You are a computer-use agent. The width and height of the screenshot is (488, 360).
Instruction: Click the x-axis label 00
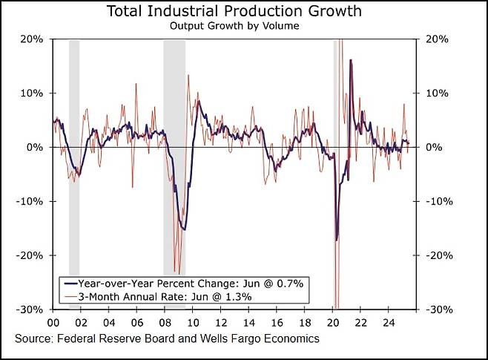point(54,324)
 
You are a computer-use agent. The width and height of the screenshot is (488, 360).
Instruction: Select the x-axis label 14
point(248,324)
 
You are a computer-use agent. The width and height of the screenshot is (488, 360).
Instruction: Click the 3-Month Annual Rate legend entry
point(167,296)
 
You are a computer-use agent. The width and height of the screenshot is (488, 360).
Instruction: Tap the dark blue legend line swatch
point(71,284)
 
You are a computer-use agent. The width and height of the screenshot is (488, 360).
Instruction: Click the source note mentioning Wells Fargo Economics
point(167,338)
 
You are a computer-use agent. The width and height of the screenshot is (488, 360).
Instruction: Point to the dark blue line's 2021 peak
point(350,61)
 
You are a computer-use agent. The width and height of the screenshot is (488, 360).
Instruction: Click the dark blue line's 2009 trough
point(184,229)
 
